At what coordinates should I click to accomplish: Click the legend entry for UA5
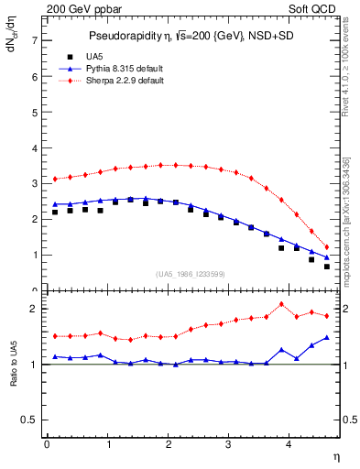[82, 57]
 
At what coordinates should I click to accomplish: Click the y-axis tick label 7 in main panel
[34, 41]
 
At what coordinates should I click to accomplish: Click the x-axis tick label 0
[47, 445]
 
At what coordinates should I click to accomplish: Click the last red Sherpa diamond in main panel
[327, 247]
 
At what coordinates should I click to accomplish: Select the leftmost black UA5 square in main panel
[55, 213]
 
